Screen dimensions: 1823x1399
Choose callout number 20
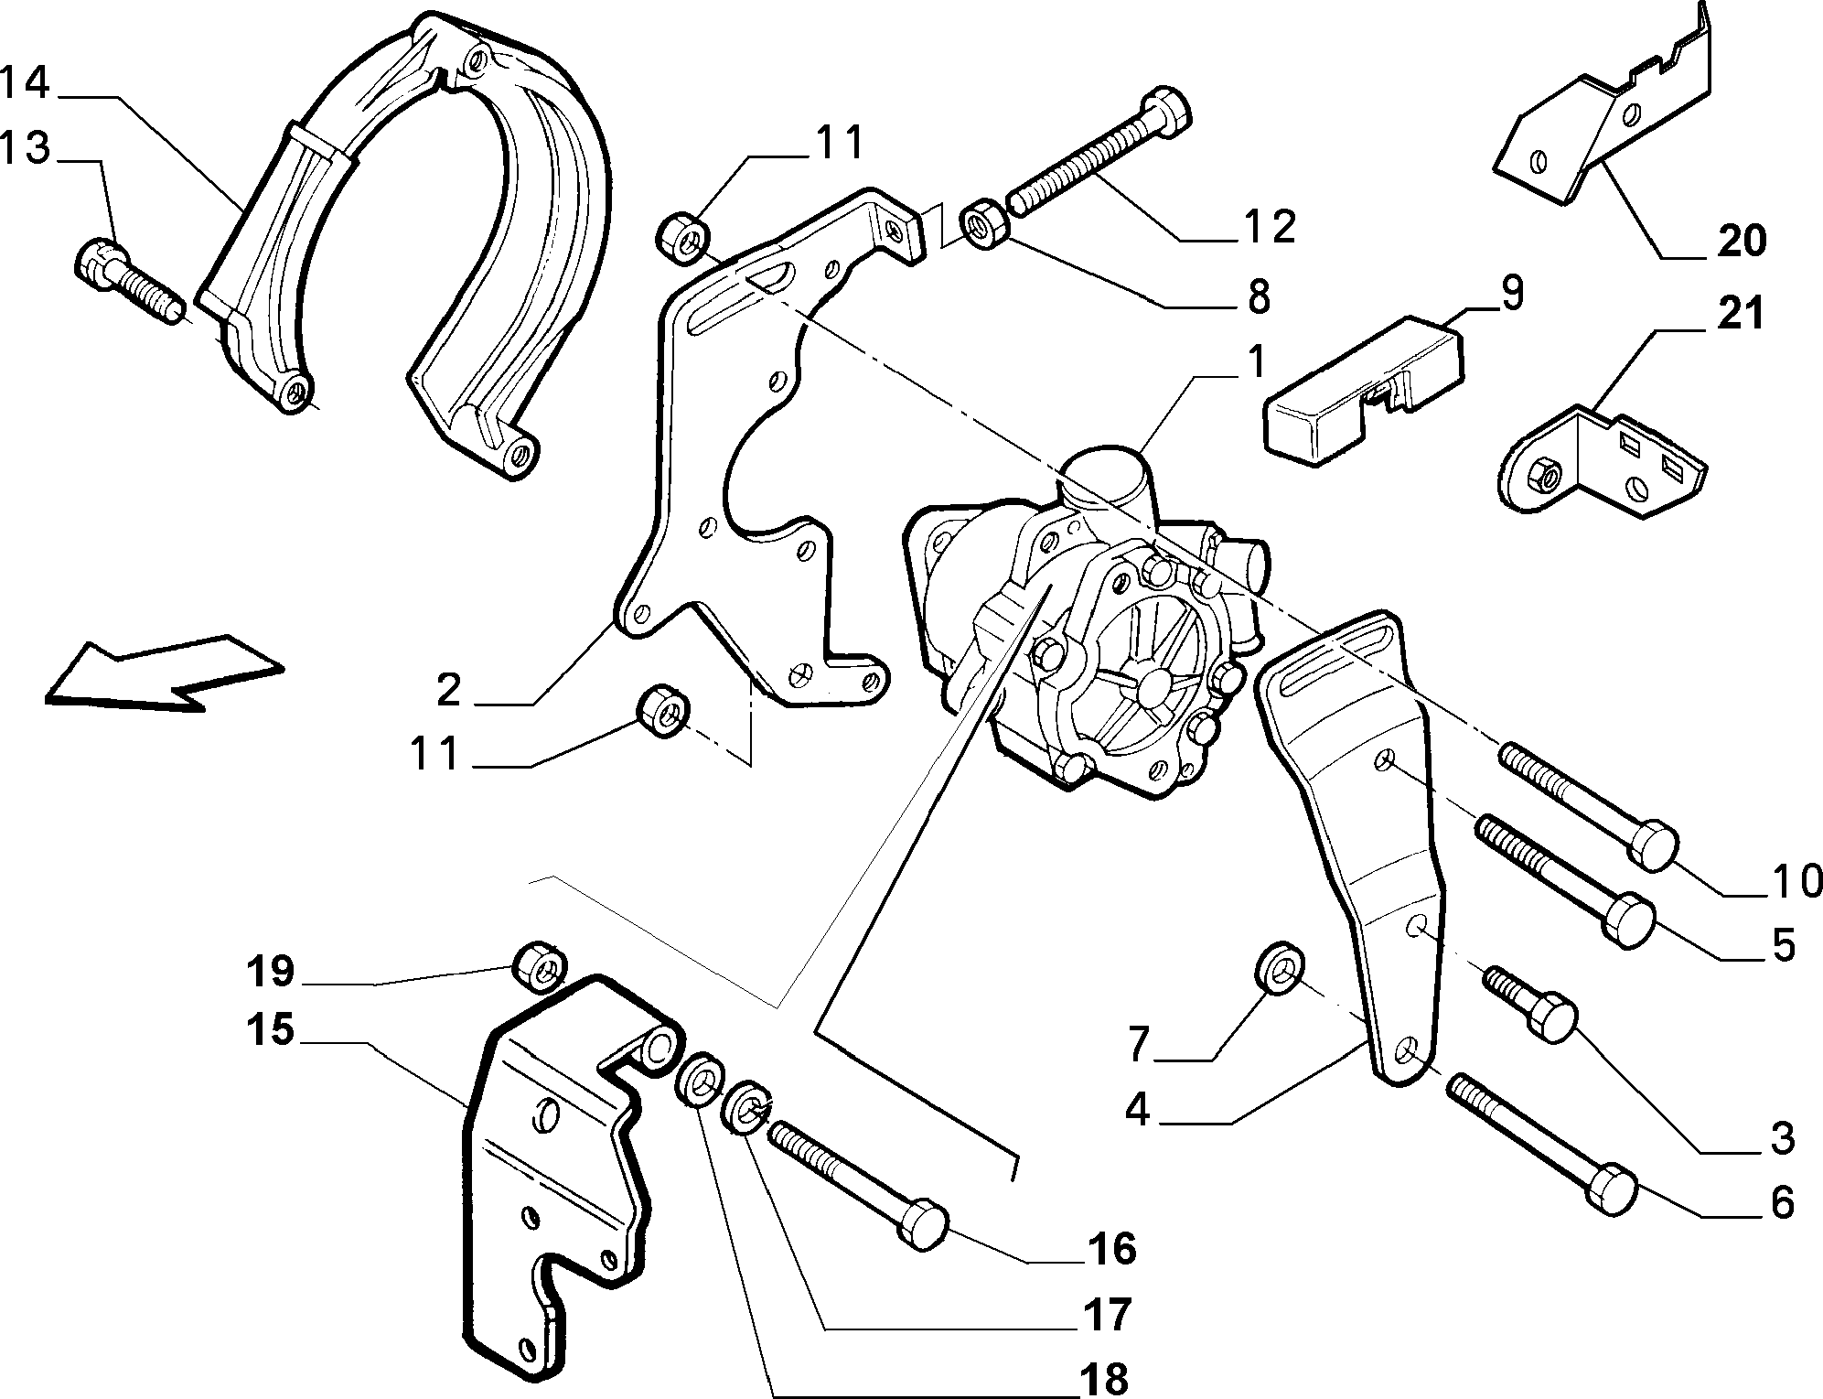point(1741,241)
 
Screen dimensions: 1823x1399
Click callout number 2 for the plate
point(447,692)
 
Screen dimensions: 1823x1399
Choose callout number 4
point(1137,1111)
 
